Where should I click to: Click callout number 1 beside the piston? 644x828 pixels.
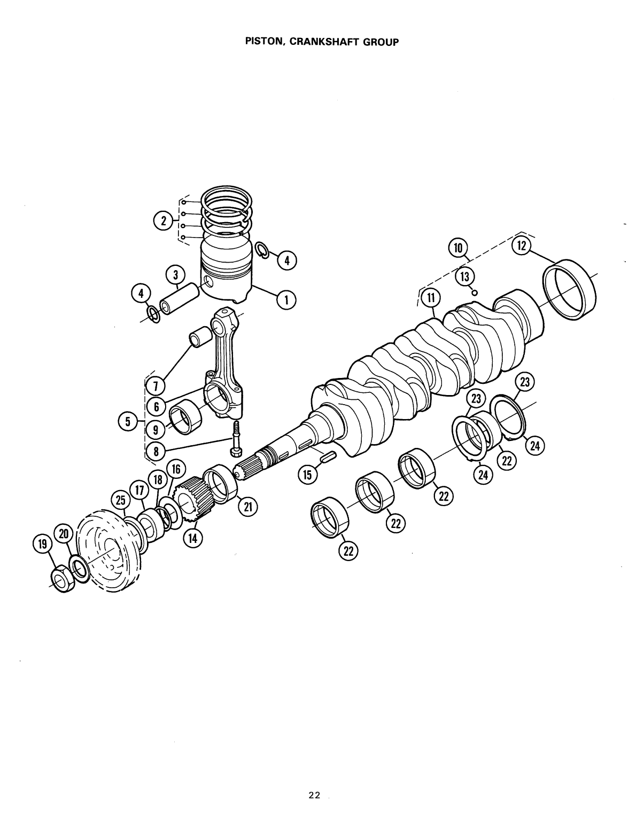[x=286, y=300]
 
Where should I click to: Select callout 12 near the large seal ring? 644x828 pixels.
[x=520, y=246]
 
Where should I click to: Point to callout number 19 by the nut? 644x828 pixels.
[x=41, y=544]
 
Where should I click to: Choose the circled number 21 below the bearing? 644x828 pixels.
[x=248, y=507]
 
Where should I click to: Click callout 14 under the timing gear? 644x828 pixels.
[x=191, y=539]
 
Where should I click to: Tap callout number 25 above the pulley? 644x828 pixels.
[x=120, y=501]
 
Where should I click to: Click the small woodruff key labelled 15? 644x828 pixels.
[x=327, y=456]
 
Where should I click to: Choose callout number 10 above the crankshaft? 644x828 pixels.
[x=457, y=248]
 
